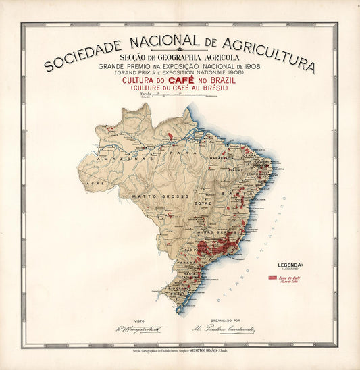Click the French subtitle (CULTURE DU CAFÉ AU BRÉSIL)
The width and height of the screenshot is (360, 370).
[x=179, y=88]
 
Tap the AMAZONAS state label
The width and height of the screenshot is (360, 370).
[x=118, y=157]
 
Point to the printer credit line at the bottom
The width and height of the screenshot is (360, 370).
[x=179, y=351]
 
